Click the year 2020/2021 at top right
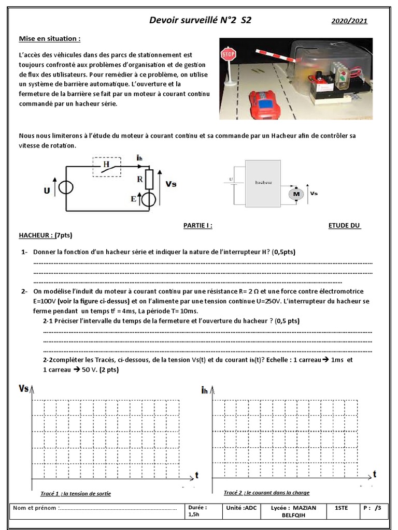349,21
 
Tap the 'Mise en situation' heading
50,39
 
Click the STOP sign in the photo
229,54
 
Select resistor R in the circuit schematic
149,179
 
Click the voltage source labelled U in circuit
66,188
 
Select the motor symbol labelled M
296,194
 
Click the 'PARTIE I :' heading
198,225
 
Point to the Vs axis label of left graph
24,388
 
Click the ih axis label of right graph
205,391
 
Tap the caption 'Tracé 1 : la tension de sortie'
76,493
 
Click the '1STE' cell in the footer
342,508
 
